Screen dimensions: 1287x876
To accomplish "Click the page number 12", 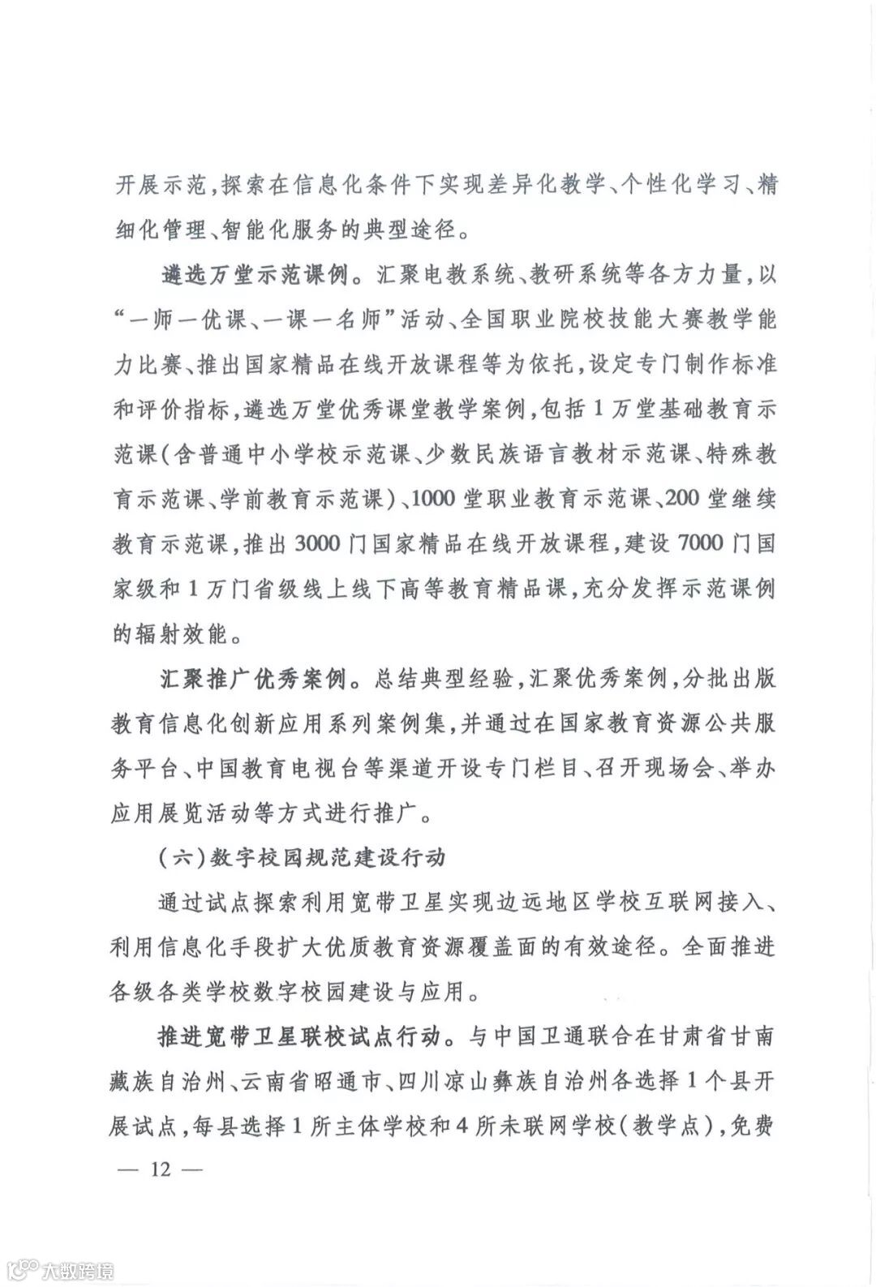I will (161, 1170).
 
